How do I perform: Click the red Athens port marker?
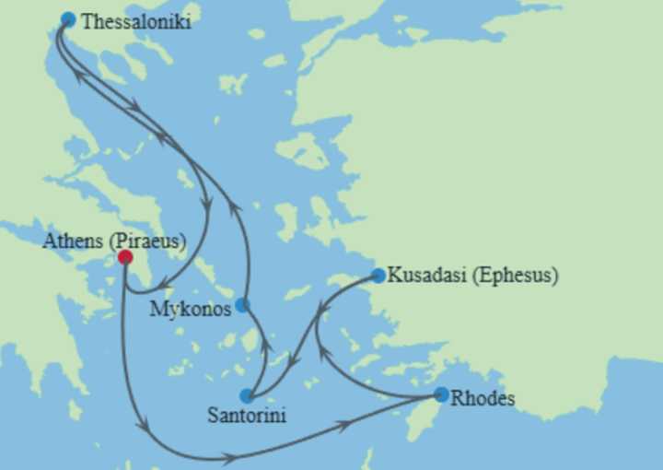click(x=125, y=258)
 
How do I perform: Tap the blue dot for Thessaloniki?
click(x=67, y=19)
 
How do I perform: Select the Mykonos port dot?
click(x=241, y=305)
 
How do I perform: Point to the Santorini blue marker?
click(x=246, y=396)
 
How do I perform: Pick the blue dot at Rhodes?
click(x=441, y=394)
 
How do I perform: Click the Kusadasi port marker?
click(x=378, y=276)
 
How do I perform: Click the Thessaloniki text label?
click(x=136, y=22)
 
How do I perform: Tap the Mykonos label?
click(x=190, y=310)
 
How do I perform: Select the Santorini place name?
click(x=246, y=416)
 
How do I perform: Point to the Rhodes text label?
click(x=483, y=399)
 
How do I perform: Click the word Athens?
click(x=74, y=241)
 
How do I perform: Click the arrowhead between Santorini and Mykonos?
click(x=265, y=347)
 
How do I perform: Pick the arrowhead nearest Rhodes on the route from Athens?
click(x=344, y=425)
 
